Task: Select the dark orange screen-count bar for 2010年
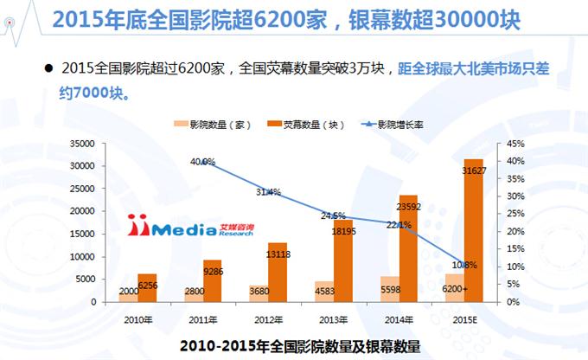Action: click(x=148, y=288)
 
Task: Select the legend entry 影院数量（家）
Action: click(x=214, y=125)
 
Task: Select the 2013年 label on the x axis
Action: click(x=326, y=318)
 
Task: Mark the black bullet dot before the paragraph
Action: click(x=47, y=67)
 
